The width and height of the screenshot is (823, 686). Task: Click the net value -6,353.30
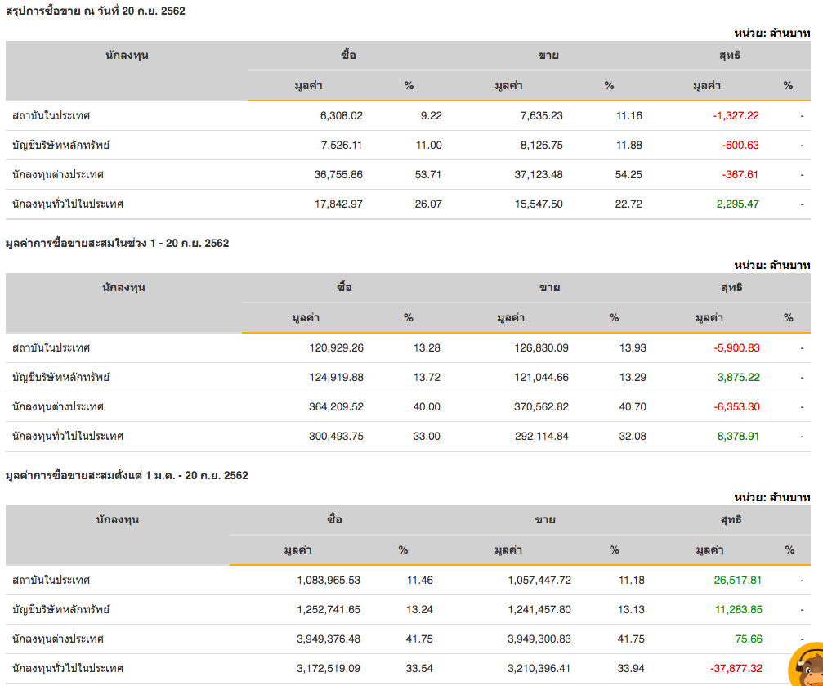click(x=736, y=407)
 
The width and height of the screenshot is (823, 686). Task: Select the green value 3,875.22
click(x=738, y=378)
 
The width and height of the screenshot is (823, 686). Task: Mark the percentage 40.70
click(x=633, y=407)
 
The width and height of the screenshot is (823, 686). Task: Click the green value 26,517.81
click(x=737, y=581)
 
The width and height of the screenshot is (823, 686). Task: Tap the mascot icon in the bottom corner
click(x=806, y=667)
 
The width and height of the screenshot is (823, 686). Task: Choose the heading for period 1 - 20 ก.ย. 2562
click(x=117, y=244)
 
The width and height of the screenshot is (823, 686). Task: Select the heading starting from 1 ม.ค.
click(x=127, y=476)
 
